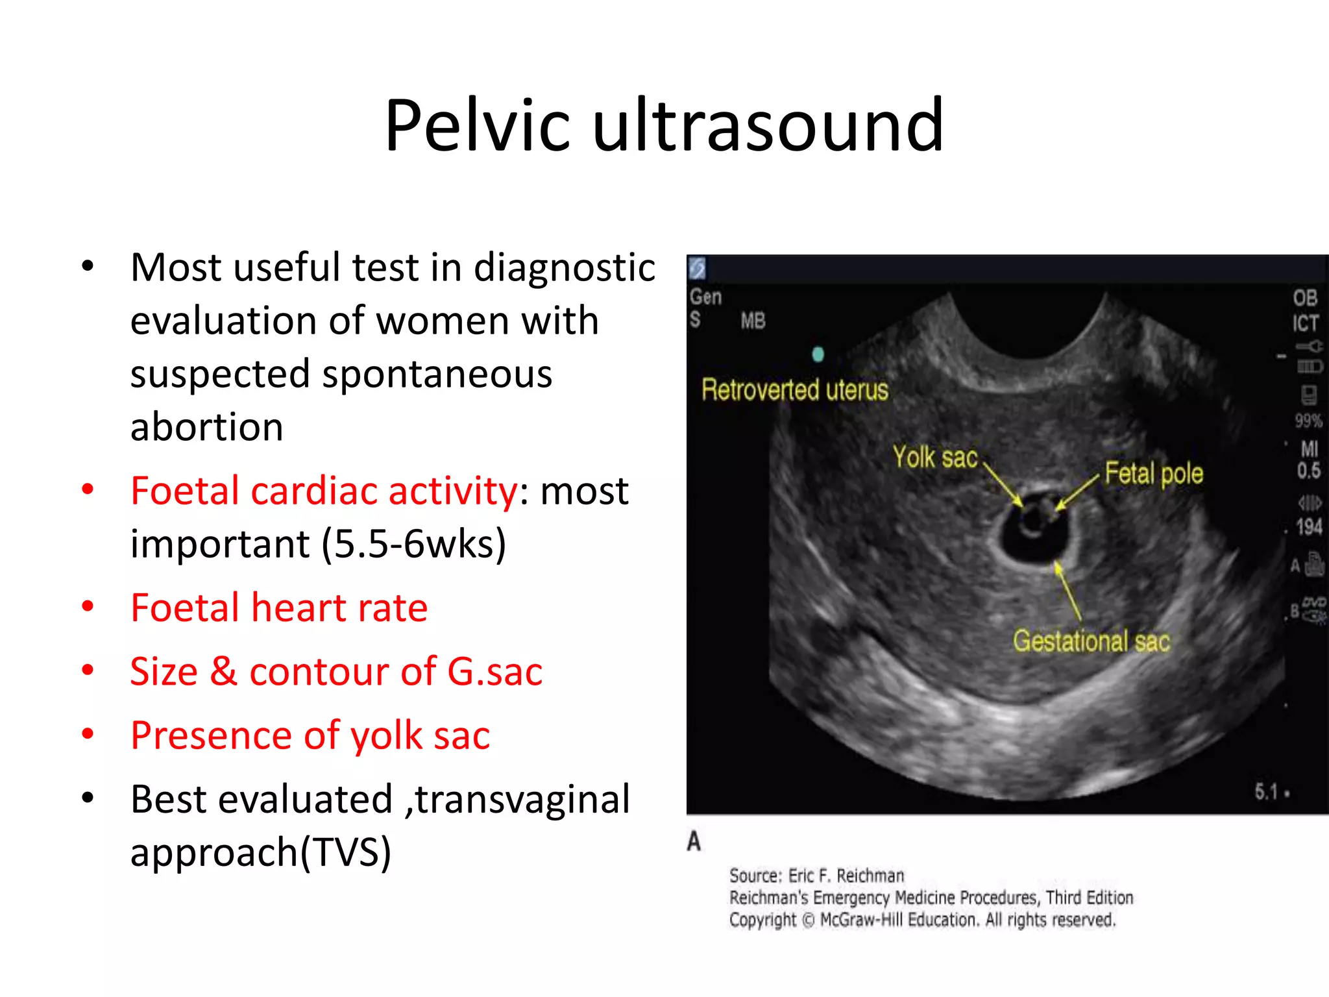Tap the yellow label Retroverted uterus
click(x=795, y=390)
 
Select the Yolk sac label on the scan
click(x=935, y=458)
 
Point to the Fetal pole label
click(x=1154, y=473)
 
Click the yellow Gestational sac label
click(x=1091, y=641)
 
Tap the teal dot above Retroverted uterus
click(x=818, y=354)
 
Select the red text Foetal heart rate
click(x=279, y=608)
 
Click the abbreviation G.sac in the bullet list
click(x=494, y=671)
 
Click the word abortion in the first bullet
click(x=206, y=427)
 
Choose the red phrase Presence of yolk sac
click(x=310, y=735)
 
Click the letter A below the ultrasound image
click(x=694, y=841)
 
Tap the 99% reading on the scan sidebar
click(x=1308, y=421)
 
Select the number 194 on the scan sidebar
click(x=1309, y=526)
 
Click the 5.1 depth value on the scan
click(x=1266, y=792)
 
